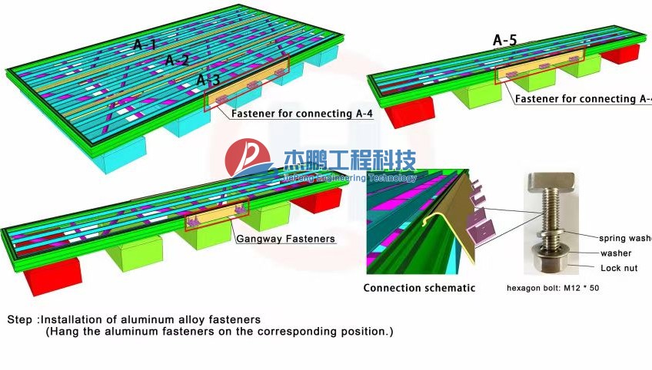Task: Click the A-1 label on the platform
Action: pos(146,45)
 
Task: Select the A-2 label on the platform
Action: pos(177,60)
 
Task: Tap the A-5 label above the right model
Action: pos(504,41)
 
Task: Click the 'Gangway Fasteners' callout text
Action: pos(285,239)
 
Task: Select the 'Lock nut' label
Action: pos(619,268)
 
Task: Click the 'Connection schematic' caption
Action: pos(419,288)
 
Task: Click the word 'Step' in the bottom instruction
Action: pos(21,319)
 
